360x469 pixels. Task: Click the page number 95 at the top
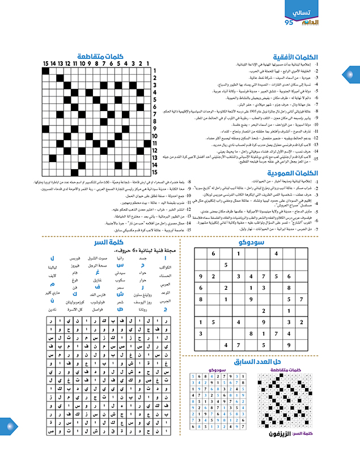[287, 23]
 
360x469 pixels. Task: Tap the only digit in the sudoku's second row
[226, 265]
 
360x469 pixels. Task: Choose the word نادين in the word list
[53, 310]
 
